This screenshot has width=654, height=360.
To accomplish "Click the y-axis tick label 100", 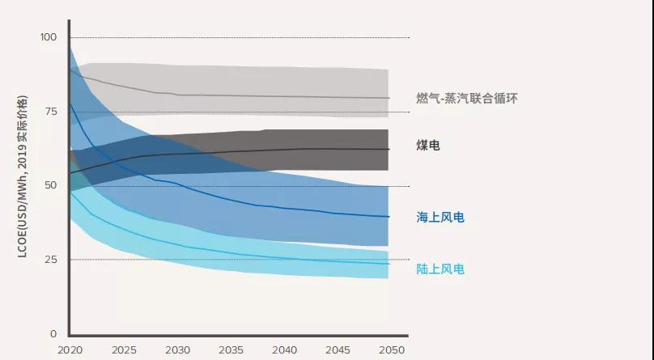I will pyautogui.click(x=49, y=38).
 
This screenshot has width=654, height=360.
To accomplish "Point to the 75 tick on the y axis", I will pyautogui.click(x=52, y=112).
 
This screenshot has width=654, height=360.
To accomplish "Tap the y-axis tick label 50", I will pyautogui.click(x=52, y=185).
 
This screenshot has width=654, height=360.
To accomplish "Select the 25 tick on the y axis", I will pyautogui.click(x=52, y=260).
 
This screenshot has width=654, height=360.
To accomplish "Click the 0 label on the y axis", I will pyautogui.click(x=54, y=333).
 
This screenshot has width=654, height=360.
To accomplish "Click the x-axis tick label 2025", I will pyautogui.click(x=124, y=350).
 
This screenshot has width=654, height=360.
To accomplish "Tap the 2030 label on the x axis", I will pyautogui.click(x=177, y=350).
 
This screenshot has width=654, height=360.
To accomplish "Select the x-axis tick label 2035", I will pyautogui.click(x=231, y=350).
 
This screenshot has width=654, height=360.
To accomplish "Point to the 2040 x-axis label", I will pyautogui.click(x=284, y=350).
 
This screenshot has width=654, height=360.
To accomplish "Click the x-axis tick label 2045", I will pyautogui.click(x=338, y=350).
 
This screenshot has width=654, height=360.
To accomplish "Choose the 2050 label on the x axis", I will pyautogui.click(x=390, y=350).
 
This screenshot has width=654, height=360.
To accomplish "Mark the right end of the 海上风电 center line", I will pyautogui.click(x=389, y=217).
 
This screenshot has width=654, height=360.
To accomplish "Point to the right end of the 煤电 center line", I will pyautogui.click(x=389, y=149).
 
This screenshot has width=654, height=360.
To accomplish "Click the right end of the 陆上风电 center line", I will pyautogui.click(x=389, y=264).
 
